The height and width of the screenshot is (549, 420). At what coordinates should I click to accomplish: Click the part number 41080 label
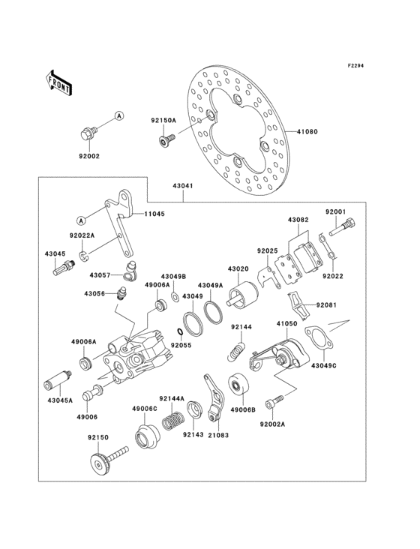point(308,132)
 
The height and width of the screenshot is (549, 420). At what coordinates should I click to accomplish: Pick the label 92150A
point(163,120)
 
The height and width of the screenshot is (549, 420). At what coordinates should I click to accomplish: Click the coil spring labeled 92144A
point(176,421)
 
